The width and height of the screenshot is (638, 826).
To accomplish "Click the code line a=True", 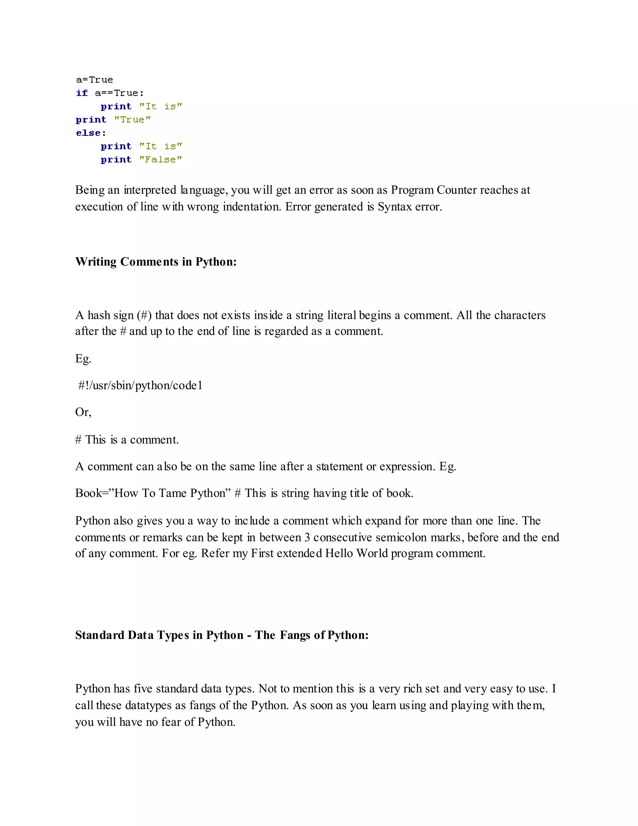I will click(x=94, y=80).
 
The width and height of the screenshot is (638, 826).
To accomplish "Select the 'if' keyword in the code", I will click(x=82, y=93).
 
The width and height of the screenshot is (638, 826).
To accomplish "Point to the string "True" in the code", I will click(x=132, y=120).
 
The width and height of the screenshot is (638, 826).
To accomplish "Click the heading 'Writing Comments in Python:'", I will click(x=156, y=262).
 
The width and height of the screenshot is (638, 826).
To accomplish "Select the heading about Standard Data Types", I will click(x=221, y=635).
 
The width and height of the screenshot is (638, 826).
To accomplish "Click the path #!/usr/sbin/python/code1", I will click(x=140, y=385).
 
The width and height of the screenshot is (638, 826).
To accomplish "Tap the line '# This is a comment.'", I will click(x=127, y=440).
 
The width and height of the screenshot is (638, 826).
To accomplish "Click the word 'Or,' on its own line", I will click(x=83, y=412).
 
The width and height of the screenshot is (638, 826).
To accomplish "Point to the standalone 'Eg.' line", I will click(x=83, y=358).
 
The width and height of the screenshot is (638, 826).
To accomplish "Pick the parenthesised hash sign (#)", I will click(x=144, y=315).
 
